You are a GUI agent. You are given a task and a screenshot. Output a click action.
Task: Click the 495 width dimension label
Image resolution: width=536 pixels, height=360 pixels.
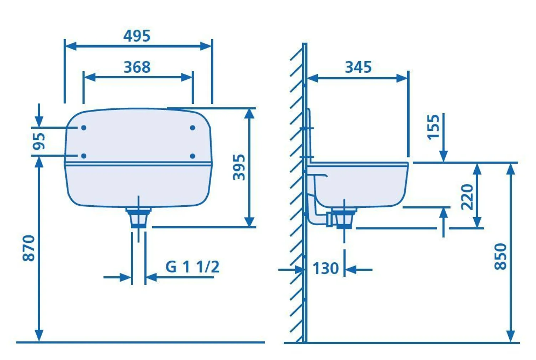137,36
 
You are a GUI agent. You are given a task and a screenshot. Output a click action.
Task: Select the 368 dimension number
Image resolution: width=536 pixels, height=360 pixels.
137,67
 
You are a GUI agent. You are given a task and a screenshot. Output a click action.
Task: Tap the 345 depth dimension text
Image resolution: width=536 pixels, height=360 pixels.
358,67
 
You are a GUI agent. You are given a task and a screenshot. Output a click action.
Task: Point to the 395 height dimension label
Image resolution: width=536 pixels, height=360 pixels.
239,167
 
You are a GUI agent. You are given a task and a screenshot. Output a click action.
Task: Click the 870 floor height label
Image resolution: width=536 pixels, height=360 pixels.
29,248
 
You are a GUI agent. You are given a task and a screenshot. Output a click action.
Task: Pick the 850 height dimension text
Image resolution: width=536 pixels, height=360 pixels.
501,256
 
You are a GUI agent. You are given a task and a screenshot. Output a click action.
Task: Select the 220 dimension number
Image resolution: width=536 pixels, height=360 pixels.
467,197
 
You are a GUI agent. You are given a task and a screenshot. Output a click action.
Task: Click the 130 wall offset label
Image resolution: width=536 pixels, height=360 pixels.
325,269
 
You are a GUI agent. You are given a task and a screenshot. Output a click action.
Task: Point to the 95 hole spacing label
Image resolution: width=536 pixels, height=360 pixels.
39,141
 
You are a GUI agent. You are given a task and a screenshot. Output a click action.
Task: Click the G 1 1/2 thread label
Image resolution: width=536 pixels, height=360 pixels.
192,267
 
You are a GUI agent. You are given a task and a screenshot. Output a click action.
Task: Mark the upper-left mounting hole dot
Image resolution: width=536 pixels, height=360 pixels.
84,128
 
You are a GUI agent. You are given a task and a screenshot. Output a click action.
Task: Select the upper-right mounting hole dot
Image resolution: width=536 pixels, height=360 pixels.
192,128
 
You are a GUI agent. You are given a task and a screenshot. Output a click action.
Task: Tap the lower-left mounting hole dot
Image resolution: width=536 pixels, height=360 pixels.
84,156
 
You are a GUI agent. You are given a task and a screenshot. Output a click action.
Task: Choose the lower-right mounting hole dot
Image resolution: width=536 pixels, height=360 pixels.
192,156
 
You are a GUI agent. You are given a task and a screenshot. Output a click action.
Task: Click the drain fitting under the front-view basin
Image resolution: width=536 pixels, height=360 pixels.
138,217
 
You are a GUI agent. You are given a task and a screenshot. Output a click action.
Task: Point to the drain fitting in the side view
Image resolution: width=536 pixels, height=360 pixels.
344,218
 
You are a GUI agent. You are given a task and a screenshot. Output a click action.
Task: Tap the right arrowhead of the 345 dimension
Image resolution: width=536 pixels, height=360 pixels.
402,78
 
